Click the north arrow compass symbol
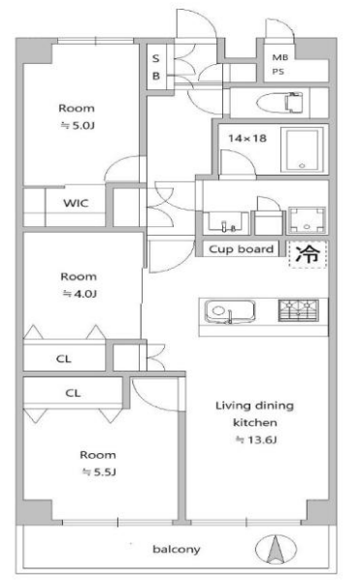click(x=276, y=549)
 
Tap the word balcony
click(x=177, y=549)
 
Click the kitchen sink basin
click(x=230, y=310)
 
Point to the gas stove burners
click(x=299, y=310)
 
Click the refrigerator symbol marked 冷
click(x=309, y=254)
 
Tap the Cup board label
click(x=241, y=249)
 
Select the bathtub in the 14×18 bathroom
click(x=302, y=149)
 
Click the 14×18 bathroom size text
click(x=247, y=139)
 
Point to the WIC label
click(x=76, y=203)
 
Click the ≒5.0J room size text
click(x=78, y=125)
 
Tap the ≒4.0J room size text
click(x=80, y=294)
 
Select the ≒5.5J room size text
click(x=99, y=471)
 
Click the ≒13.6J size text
click(x=256, y=439)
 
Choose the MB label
click(x=280, y=57)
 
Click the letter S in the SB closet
click(x=156, y=58)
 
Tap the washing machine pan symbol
click(x=307, y=220)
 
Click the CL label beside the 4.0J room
click(x=63, y=359)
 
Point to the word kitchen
click(x=255, y=423)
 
